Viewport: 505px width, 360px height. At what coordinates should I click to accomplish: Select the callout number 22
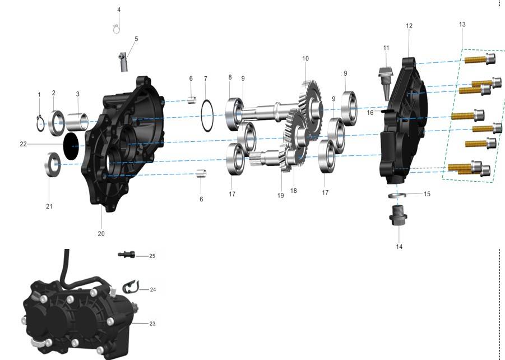23,144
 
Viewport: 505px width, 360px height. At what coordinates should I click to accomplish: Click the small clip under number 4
116,29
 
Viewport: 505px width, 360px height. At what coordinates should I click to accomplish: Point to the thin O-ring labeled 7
202,116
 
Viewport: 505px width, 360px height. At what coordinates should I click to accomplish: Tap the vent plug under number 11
385,83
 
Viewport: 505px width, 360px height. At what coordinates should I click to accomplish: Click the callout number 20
101,234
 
